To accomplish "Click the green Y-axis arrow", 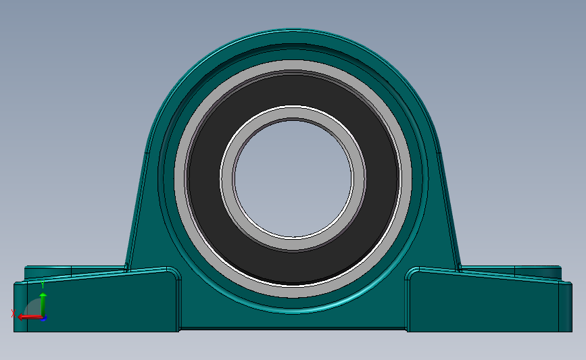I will click(x=43, y=303).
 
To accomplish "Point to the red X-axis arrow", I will click(x=27, y=316).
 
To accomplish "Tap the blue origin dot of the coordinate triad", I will click(x=43, y=317).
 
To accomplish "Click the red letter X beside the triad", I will click(x=14, y=313).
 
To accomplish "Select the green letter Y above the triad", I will click(x=43, y=284).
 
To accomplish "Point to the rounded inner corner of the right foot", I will click(x=412, y=274).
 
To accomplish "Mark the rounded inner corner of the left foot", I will click(x=174, y=274).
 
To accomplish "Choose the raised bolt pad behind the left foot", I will click(x=47, y=271).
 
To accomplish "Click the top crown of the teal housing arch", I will click(x=293, y=34).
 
